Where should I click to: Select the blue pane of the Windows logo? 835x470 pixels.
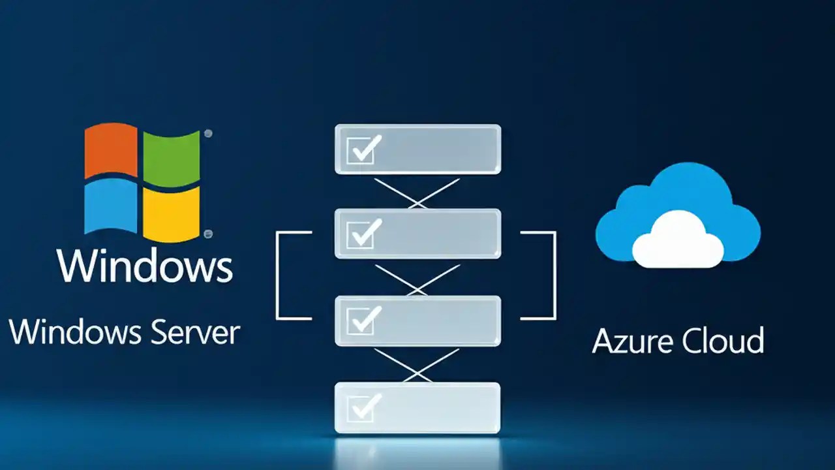pyautogui.click(x=111, y=206)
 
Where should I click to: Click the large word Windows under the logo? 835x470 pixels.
pyautogui.click(x=145, y=264)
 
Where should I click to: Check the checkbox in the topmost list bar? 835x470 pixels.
pyautogui.click(x=361, y=149)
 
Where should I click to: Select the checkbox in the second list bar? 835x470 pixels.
pyautogui.click(x=361, y=234)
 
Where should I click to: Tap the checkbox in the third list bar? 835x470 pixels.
pyautogui.click(x=361, y=320)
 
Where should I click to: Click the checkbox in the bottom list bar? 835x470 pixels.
pyautogui.click(x=361, y=407)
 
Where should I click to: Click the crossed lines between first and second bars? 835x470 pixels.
pyautogui.click(x=417, y=193)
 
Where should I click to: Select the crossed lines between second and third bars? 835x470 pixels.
pyautogui.click(x=417, y=279)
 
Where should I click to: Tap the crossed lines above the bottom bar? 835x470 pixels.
pyautogui.click(x=417, y=366)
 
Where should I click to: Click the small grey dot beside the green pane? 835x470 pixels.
pyautogui.click(x=208, y=134)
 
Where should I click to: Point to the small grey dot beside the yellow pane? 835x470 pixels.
pyautogui.click(x=208, y=234)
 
